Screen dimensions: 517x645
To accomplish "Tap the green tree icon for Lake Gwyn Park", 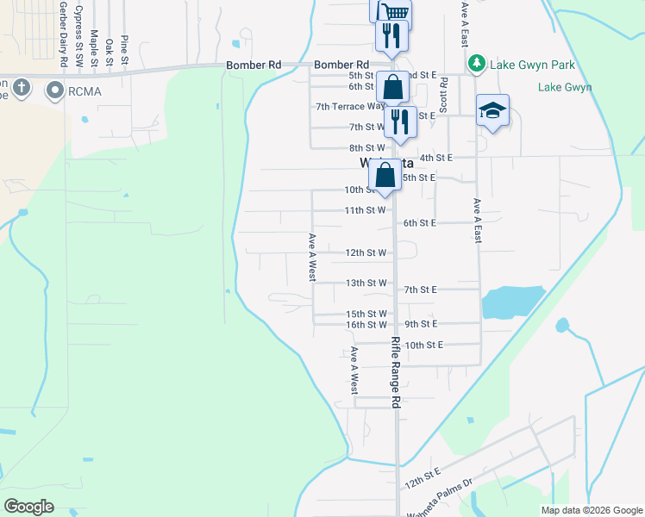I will pos(476,64).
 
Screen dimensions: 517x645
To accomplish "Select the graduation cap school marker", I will pos(492,111).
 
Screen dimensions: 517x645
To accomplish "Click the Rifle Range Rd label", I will pos(396,372).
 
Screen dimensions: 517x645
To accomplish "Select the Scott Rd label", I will pos(443,95).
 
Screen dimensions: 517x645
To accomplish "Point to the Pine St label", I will pos(124,51).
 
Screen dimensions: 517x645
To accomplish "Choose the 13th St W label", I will pos(366,283).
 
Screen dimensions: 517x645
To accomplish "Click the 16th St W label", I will pos(366,325).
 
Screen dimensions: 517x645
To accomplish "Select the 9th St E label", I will pos(421,323).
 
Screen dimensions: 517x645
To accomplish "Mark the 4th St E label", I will pos(435,158).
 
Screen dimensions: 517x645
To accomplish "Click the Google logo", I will pos(28,506).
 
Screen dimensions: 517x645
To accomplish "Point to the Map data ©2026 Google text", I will pos(591,510).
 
